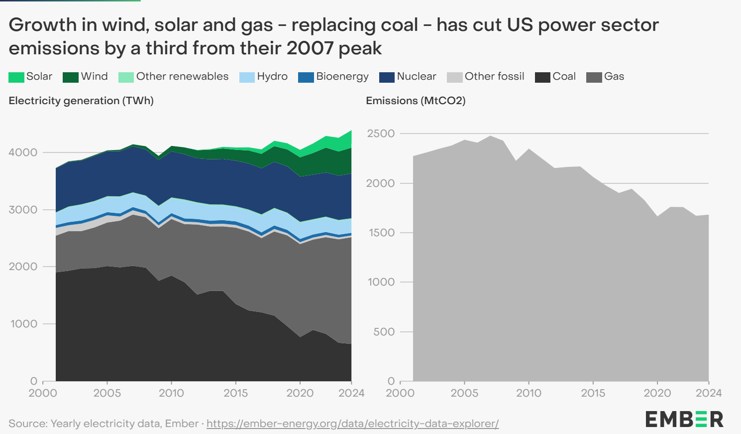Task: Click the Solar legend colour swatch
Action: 16,77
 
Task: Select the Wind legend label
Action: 94,76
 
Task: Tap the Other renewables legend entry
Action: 182,76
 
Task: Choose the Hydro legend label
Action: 272,76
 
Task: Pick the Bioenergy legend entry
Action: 342,76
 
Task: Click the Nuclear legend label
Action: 416,76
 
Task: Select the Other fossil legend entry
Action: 494,76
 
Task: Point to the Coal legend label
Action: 564,76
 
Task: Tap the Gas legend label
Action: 614,76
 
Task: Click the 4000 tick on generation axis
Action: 23,152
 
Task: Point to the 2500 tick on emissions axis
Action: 381,134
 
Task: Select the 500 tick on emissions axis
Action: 384,332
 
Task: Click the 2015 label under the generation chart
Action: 235,393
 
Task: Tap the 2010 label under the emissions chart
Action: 529,393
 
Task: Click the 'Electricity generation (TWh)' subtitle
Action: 81,101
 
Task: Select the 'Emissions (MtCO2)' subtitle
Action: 416,101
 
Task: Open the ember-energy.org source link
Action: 352,424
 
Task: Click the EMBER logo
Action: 684,419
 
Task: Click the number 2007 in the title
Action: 311,48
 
